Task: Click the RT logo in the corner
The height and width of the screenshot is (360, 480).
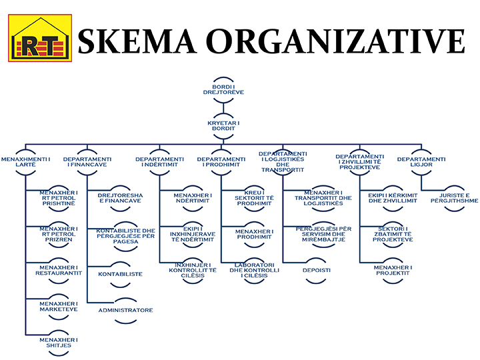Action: pyautogui.click(x=38, y=38)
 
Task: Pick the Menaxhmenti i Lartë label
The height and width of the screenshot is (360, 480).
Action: pyautogui.click(x=26, y=162)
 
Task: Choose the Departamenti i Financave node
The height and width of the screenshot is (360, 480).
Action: pyautogui.click(x=87, y=162)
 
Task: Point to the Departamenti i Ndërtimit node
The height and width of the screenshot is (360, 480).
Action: pyautogui.click(x=159, y=162)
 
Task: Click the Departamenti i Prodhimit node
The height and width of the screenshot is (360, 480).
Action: pyautogui.click(x=221, y=162)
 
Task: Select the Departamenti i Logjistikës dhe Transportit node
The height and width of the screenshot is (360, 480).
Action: pyautogui.click(x=283, y=161)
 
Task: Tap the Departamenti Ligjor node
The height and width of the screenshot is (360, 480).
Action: pyautogui.click(x=421, y=162)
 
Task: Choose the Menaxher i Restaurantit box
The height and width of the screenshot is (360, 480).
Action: pyautogui.click(x=59, y=269)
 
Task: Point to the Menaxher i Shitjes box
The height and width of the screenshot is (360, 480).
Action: pyautogui.click(x=59, y=343)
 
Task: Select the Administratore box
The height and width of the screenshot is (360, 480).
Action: pyautogui.click(x=126, y=310)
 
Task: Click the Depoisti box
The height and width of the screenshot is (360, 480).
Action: pyautogui.click(x=315, y=270)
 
